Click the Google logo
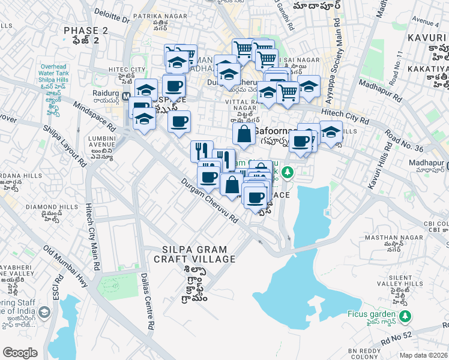point(20,352)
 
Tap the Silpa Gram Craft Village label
point(190,254)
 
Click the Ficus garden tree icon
point(407,315)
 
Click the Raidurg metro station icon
point(126,95)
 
